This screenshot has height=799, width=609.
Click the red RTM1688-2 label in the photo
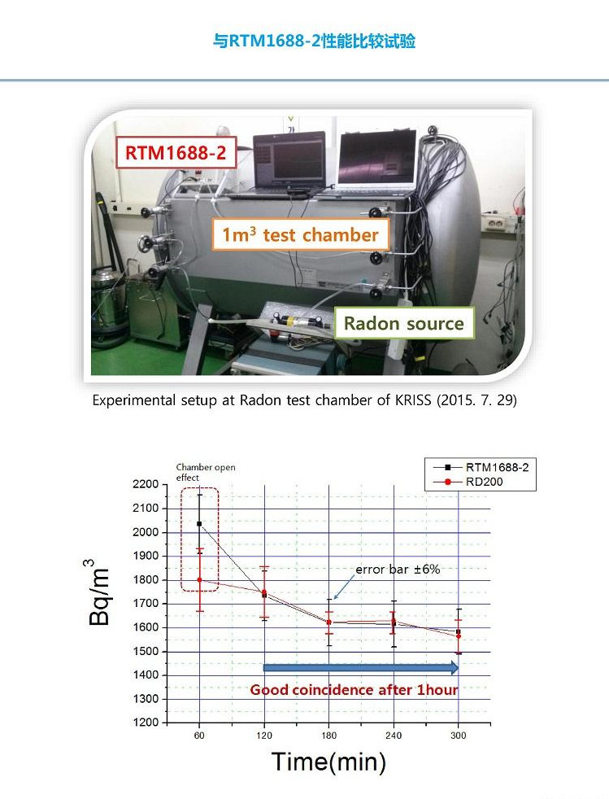click(176, 152)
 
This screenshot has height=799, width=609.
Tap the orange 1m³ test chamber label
click(300, 234)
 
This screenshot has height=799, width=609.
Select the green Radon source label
click(404, 323)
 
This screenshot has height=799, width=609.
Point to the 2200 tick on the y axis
click(146, 484)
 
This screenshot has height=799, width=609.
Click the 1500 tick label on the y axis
click(146, 651)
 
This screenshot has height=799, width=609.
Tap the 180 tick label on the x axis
click(329, 736)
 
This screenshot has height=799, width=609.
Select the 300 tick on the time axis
click(459, 736)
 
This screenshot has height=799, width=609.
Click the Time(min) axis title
click(328, 762)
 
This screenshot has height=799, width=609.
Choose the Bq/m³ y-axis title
click(97, 592)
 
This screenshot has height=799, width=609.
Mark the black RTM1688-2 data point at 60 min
click(199, 524)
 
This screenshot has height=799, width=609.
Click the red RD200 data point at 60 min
click(199, 580)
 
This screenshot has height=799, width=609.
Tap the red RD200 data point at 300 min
click(459, 636)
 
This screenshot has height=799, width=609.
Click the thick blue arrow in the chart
click(361, 667)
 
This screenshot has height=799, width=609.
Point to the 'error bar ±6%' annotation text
click(398, 570)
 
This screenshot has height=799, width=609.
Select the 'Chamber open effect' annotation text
click(206, 472)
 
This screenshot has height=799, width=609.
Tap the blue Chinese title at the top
click(314, 41)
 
